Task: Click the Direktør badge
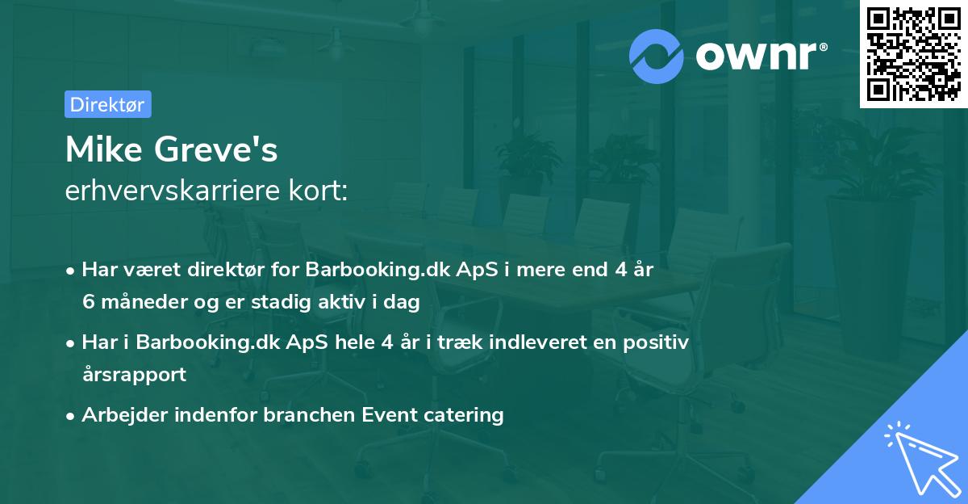(107, 104)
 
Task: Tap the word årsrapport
(134, 374)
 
